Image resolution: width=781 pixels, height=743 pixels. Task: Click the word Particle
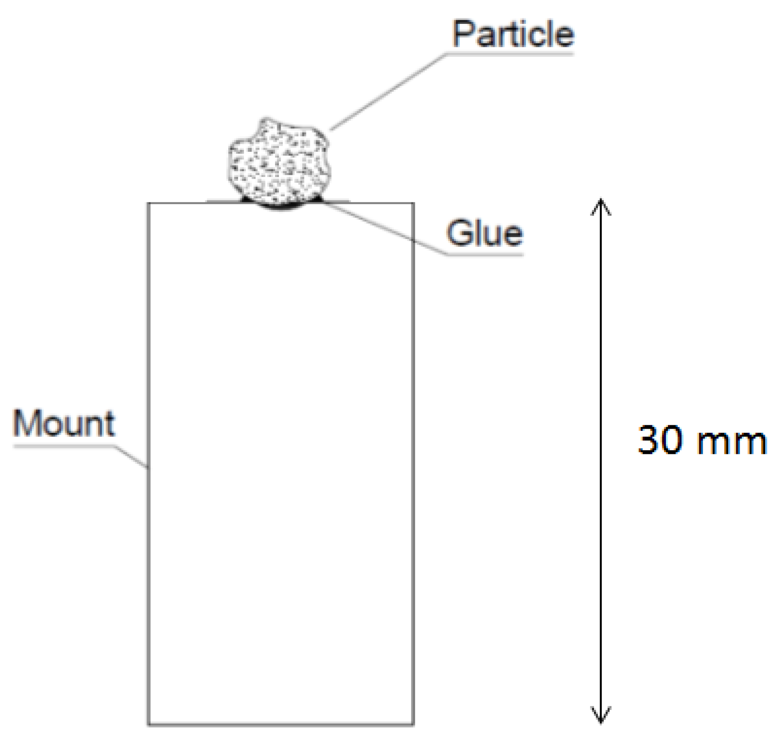pos(513,34)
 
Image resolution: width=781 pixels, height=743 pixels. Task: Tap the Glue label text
pos(484,233)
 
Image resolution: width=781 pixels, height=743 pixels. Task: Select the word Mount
pos(64,423)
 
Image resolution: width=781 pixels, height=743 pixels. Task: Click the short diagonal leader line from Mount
pos(131,457)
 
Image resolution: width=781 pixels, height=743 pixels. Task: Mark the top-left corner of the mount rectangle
pos(148,203)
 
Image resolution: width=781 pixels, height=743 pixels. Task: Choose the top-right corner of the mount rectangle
pos(413,203)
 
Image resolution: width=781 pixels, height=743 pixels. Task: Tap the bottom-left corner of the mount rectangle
pos(148,724)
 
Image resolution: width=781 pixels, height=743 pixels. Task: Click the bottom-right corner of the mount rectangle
pos(413,724)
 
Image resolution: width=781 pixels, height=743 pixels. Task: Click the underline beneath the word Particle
pos(510,54)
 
